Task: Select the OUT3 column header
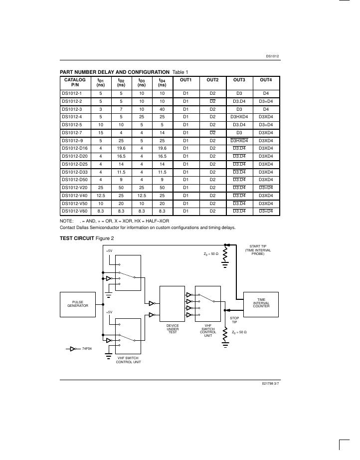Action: click(239, 80)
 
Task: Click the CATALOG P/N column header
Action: click(75, 82)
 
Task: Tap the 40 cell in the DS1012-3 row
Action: click(162, 109)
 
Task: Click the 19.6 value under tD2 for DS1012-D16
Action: click(121, 148)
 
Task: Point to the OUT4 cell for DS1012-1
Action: click(266, 93)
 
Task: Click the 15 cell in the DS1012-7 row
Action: click(100, 132)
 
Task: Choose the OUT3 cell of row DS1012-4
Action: click(239, 117)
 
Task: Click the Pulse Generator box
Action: click(81, 304)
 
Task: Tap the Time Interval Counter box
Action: click(261, 303)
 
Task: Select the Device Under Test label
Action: click(173, 329)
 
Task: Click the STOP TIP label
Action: click(233, 319)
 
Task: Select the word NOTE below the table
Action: click(66, 220)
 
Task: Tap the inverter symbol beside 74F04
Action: click(73, 349)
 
